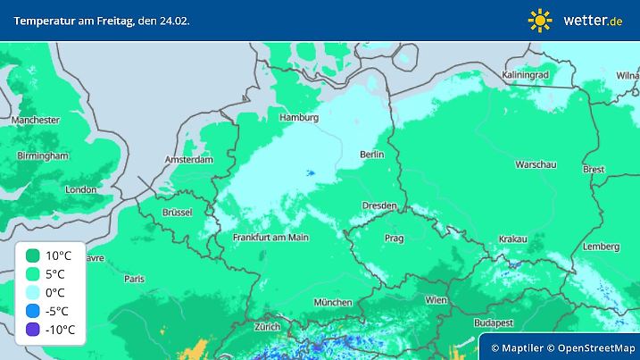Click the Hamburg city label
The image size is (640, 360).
[299, 117]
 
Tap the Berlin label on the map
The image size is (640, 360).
[371, 155]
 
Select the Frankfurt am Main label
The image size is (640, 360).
[270, 238]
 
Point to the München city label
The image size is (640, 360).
[333, 302]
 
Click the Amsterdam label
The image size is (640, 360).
[189, 161]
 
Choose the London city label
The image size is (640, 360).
[81, 189]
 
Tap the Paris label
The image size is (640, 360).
[134, 279]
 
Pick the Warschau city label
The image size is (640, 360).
[536, 164]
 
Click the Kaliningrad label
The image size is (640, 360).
[525, 76]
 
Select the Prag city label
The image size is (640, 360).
[394, 238]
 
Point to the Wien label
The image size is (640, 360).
[436, 300]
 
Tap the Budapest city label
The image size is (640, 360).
[492, 322]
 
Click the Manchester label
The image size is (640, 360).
[35, 120]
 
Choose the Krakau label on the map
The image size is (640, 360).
[512, 239]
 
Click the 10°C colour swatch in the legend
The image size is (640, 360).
[33, 255]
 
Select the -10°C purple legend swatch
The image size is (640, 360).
[33, 330]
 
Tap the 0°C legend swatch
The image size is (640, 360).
[33, 292]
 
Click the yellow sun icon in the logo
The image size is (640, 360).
[540, 20]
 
